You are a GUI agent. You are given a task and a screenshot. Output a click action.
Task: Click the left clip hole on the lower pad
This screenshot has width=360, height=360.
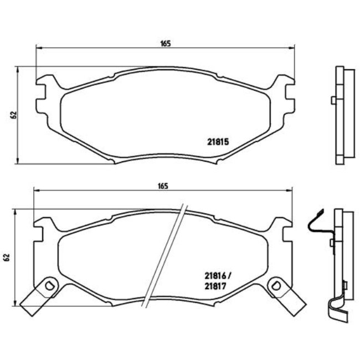pyautogui.click(x=49, y=286)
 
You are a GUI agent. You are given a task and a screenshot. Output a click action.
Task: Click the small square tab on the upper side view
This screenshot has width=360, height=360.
pyautogui.click(x=332, y=100)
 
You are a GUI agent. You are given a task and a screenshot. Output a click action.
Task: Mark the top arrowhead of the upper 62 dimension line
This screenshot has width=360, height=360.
pyautogui.click(x=20, y=70)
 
